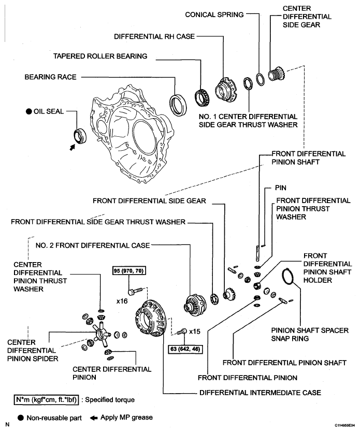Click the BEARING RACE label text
pos(50,77)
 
